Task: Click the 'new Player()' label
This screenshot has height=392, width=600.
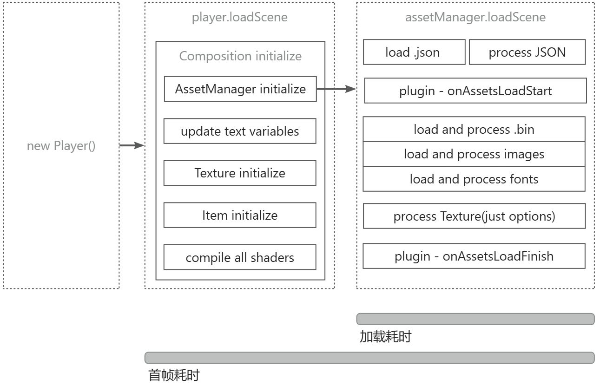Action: pos(61,146)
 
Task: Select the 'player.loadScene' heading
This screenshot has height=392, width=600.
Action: pos(240,17)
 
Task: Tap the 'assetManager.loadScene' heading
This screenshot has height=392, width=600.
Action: pos(475,17)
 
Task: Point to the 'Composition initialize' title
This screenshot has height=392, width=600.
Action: pos(240,56)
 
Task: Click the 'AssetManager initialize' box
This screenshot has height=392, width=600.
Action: pos(240,89)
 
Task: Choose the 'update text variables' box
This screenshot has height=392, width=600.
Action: pos(240,131)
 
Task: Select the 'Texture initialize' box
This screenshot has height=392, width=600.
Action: pos(240,173)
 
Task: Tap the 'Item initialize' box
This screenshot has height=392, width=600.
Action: pos(240,216)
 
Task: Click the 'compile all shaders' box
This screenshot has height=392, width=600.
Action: pos(240,257)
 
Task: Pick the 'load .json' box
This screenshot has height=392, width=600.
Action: pos(414,52)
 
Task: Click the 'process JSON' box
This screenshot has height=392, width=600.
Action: pos(527,52)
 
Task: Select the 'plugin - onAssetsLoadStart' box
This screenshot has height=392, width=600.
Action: pos(475,91)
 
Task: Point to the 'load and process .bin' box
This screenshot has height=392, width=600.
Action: pos(474,129)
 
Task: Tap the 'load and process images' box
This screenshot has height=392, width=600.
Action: pos(474,154)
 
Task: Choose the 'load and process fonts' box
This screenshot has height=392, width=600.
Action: pos(474,179)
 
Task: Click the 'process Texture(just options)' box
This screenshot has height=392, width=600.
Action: pos(475,216)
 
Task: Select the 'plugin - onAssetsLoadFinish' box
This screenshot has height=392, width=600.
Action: pos(474,256)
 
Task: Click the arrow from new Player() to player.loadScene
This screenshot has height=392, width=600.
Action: pos(132,145)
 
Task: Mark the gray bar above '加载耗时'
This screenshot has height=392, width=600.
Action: pos(475,319)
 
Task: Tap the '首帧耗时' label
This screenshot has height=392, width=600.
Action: pos(174,375)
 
